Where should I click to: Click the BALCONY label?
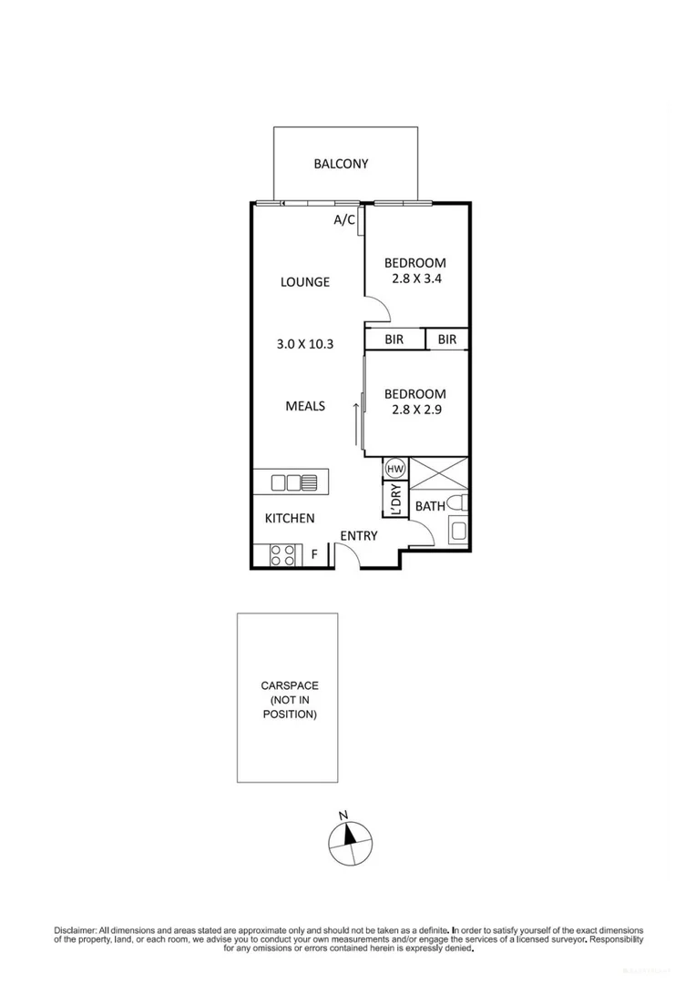click(x=341, y=164)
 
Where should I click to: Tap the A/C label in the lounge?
click(x=343, y=220)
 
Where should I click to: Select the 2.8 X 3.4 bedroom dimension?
click(x=415, y=280)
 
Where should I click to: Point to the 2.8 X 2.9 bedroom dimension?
click(x=415, y=410)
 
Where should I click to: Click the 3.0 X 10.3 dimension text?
click(x=304, y=344)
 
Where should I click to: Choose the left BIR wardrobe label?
click(x=394, y=339)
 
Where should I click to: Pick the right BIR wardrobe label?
click(x=446, y=339)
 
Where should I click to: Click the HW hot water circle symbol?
click(x=395, y=468)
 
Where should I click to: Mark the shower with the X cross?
click(x=439, y=475)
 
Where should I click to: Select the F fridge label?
click(x=315, y=553)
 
